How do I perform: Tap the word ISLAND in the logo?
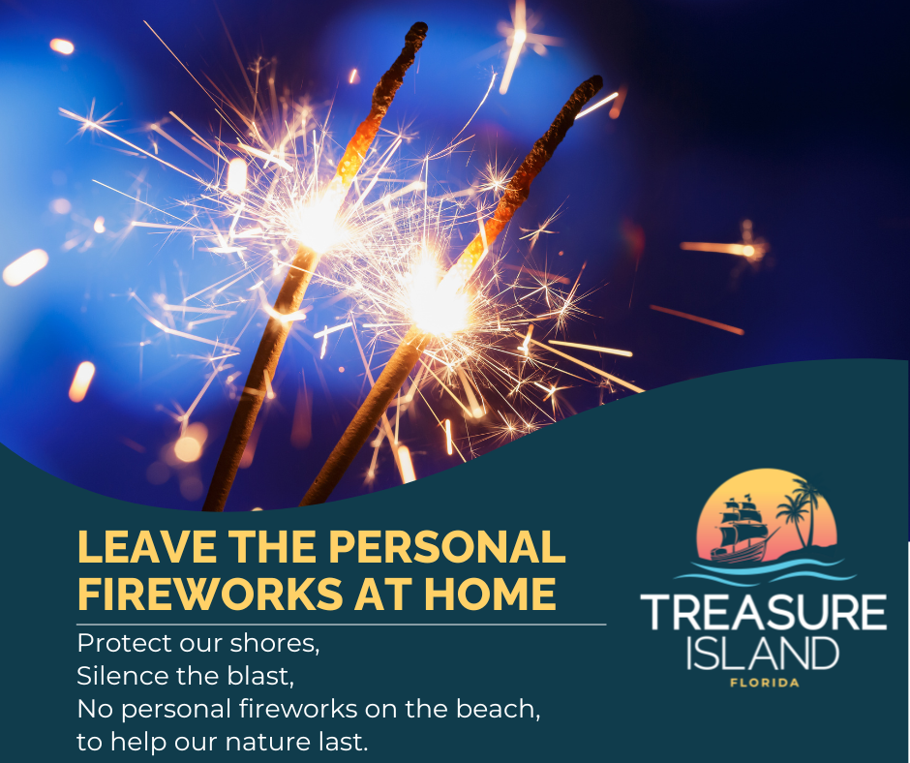point(762,654)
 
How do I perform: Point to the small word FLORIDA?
point(763,684)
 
